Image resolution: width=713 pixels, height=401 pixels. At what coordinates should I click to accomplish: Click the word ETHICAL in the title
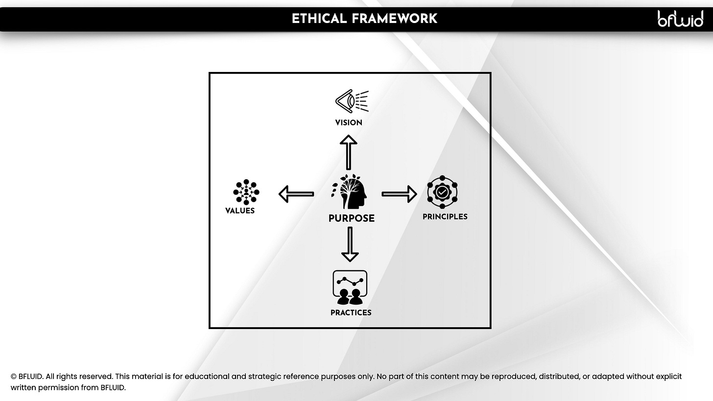coord(319,19)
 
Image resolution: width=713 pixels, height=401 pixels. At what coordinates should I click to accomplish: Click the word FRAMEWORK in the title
coord(394,19)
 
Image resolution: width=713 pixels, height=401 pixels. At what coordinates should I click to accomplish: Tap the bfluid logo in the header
coord(680,19)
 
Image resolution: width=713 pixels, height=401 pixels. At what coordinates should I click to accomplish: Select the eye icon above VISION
coord(351,101)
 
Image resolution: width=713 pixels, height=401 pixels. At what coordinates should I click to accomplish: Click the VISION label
coord(349,123)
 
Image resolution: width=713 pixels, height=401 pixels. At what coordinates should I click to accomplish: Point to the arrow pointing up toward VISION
coord(349,152)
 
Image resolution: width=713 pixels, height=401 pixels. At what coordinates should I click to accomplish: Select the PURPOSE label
coord(351,218)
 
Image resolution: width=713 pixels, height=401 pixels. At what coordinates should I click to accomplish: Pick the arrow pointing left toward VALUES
coord(296,194)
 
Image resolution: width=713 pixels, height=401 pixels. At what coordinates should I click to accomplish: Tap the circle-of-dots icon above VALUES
coord(246,192)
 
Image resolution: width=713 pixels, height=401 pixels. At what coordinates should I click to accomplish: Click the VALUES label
coord(240,211)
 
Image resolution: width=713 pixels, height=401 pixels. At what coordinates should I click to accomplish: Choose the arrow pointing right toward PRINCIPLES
coord(399,194)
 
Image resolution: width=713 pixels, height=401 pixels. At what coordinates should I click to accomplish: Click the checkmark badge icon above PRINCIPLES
coord(442,192)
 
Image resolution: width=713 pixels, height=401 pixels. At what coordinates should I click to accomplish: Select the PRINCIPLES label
coord(445,217)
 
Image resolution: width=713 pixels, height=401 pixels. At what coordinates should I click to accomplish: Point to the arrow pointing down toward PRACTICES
coord(350,244)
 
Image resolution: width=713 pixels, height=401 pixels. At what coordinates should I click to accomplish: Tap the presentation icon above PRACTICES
coord(350,287)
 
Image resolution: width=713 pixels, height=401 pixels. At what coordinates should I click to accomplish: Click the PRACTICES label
coord(351,313)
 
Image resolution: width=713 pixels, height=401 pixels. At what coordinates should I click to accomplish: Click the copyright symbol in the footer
coord(14,377)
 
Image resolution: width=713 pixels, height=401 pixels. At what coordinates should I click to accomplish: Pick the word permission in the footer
coord(57,388)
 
